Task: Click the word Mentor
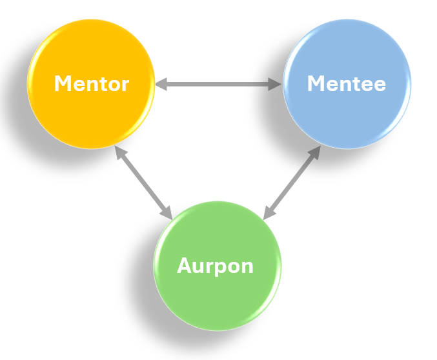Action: [x=91, y=84]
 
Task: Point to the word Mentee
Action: [x=346, y=84]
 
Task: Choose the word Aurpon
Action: [x=215, y=266]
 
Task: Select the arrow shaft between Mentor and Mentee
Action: [x=218, y=84]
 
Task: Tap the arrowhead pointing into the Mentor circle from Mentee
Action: [x=161, y=84]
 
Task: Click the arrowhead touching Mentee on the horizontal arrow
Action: [x=276, y=84]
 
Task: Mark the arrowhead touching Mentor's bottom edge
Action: [x=119, y=152]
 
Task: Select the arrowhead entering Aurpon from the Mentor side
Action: [x=167, y=213]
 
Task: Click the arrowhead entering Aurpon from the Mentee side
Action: [x=269, y=214]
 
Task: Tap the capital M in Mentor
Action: [x=62, y=84]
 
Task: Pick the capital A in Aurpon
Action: [x=183, y=266]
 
